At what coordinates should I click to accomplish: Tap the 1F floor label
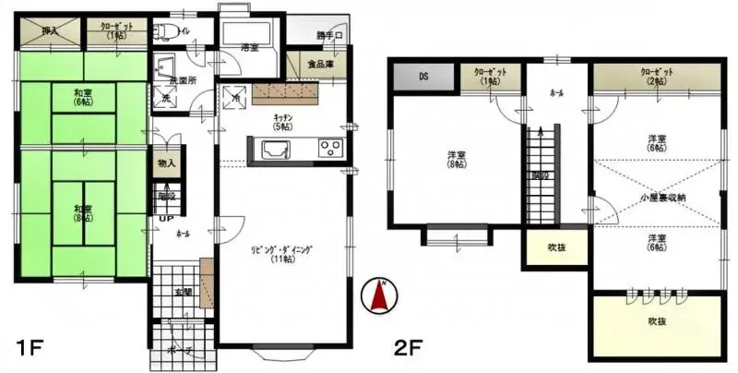click(x=30, y=348)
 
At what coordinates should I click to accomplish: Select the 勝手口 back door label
click(x=329, y=36)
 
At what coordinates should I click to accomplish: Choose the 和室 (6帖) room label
click(x=83, y=95)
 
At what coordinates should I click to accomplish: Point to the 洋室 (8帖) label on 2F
click(x=457, y=160)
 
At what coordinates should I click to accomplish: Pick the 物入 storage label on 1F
click(x=166, y=163)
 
